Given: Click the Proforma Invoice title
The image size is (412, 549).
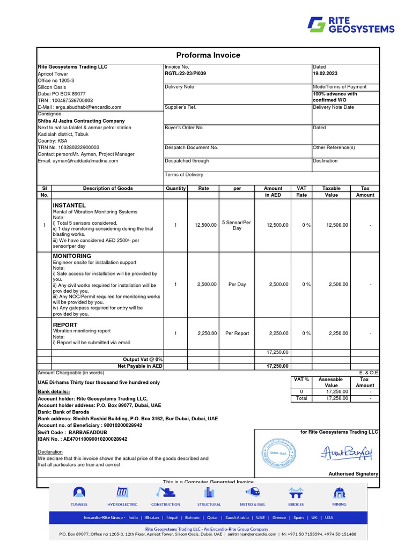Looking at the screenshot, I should coord(208,55).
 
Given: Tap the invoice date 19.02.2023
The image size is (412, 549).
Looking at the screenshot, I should coord(325,73).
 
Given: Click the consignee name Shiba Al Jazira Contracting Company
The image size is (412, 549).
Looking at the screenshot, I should coord(81,121).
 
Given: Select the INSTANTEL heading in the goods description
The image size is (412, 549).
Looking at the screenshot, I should coord(69,205).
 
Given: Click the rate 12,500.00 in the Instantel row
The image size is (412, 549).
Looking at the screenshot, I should coord(205,225).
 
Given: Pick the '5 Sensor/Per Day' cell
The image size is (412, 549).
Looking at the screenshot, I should coord(237,225).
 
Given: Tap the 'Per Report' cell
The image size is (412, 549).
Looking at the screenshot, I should coord(237,333).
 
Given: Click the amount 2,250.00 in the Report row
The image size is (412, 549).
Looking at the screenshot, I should coord(277,333).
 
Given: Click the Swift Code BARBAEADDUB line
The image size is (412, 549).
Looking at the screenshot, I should coord(72,432).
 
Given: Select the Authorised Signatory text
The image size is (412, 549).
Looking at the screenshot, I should coord(353,474).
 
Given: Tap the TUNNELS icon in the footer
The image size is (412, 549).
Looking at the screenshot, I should coord(79,493).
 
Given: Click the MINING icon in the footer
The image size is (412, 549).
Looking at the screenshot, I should coord(339,493).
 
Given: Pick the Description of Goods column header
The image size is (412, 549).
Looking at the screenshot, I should coord(108,189).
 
